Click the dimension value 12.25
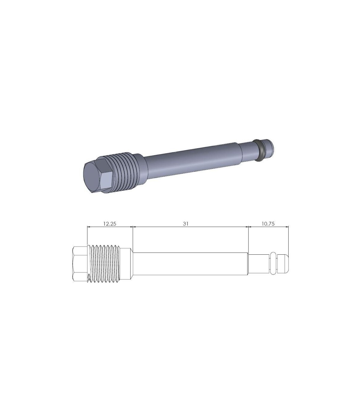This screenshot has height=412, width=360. pyautogui.click(x=110, y=224)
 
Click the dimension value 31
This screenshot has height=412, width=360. pyautogui.click(x=185, y=224)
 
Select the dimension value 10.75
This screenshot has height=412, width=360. pyautogui.click(x=268, y=224)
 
